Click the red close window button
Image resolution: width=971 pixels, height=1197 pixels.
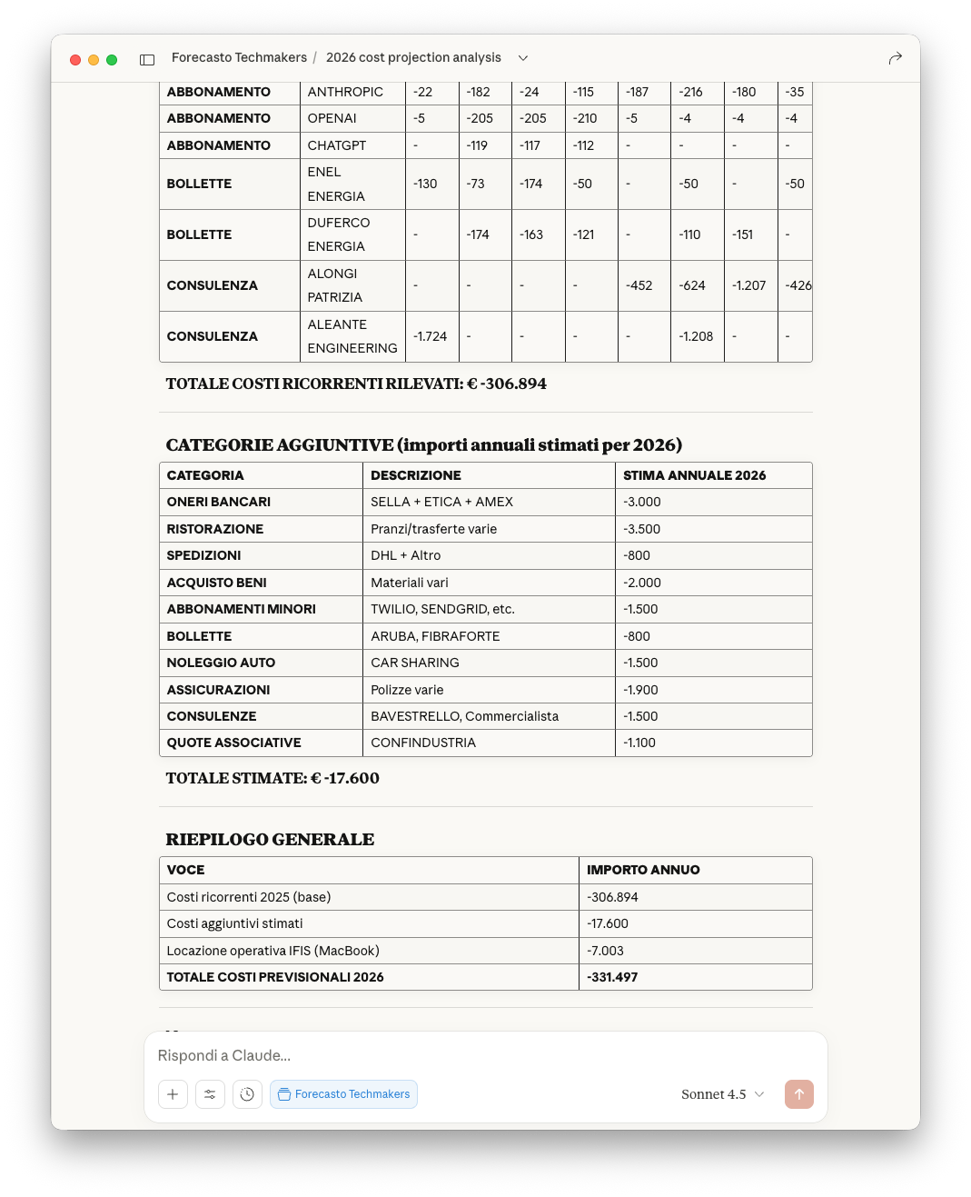(x=75, y=60)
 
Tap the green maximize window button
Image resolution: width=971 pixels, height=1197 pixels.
(x=112, y=60)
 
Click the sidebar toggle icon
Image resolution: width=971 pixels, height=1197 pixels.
(x=147, y=60)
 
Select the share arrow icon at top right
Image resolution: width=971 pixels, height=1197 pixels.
(x=895, y=58)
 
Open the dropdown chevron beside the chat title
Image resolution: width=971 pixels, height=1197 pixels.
(x=523, y=58)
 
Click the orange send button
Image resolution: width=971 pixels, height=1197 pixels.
(x=799, y=1094)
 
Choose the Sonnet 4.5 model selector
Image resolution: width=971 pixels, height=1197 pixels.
(x=722, y=1094)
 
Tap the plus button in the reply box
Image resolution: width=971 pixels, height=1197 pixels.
(x=173, y=1094)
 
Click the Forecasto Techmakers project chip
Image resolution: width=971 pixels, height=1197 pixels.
(x=343, y=1094)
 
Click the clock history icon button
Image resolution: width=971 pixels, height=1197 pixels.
(x=247, y=1094)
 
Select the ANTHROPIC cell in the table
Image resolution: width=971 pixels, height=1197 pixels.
(x=345, y=92)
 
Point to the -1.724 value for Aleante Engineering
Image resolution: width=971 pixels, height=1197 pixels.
(x=431, y=336)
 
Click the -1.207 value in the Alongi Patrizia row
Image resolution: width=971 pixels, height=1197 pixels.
(x=748, y=285)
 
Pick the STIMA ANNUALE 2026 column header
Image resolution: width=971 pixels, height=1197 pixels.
(x=694, y=475)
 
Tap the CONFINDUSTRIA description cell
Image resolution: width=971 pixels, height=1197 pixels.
(x=423, y=743)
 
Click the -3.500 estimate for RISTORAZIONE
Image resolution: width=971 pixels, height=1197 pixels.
(x=641, y=529)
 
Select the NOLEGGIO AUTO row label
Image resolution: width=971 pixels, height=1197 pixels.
(x=221, y=663)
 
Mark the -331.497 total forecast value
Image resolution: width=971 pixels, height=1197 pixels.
(x=612, y=977)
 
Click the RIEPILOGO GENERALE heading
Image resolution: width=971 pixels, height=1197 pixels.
(x=270, y=839)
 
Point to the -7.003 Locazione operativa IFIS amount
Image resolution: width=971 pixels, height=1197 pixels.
(x=605, y=951)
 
